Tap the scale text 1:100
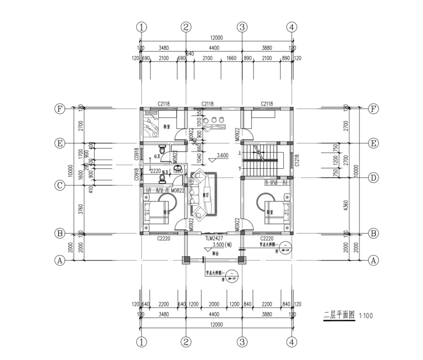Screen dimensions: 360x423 pyautogui.click(x=366, y=316)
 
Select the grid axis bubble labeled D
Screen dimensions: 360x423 pyautogui.click(x=373, y=177)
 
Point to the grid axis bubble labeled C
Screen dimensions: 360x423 pyautogui.click(x=59, y=185)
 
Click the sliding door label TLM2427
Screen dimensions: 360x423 pyautogui.click(x=214, y=238)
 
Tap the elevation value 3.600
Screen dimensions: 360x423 pyautogui.click(x=223, y=156)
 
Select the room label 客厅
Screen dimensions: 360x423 pyautogui.click(x=206, y=195)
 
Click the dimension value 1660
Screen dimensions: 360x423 pyautogui.click(x=232, y=58)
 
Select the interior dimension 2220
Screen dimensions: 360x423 pyautogui.click(x=156, y=171)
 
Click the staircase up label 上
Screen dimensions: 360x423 pyautogui.click(x=240, y=153)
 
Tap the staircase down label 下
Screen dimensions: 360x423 pyautogui.click(x=240, y=169)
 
